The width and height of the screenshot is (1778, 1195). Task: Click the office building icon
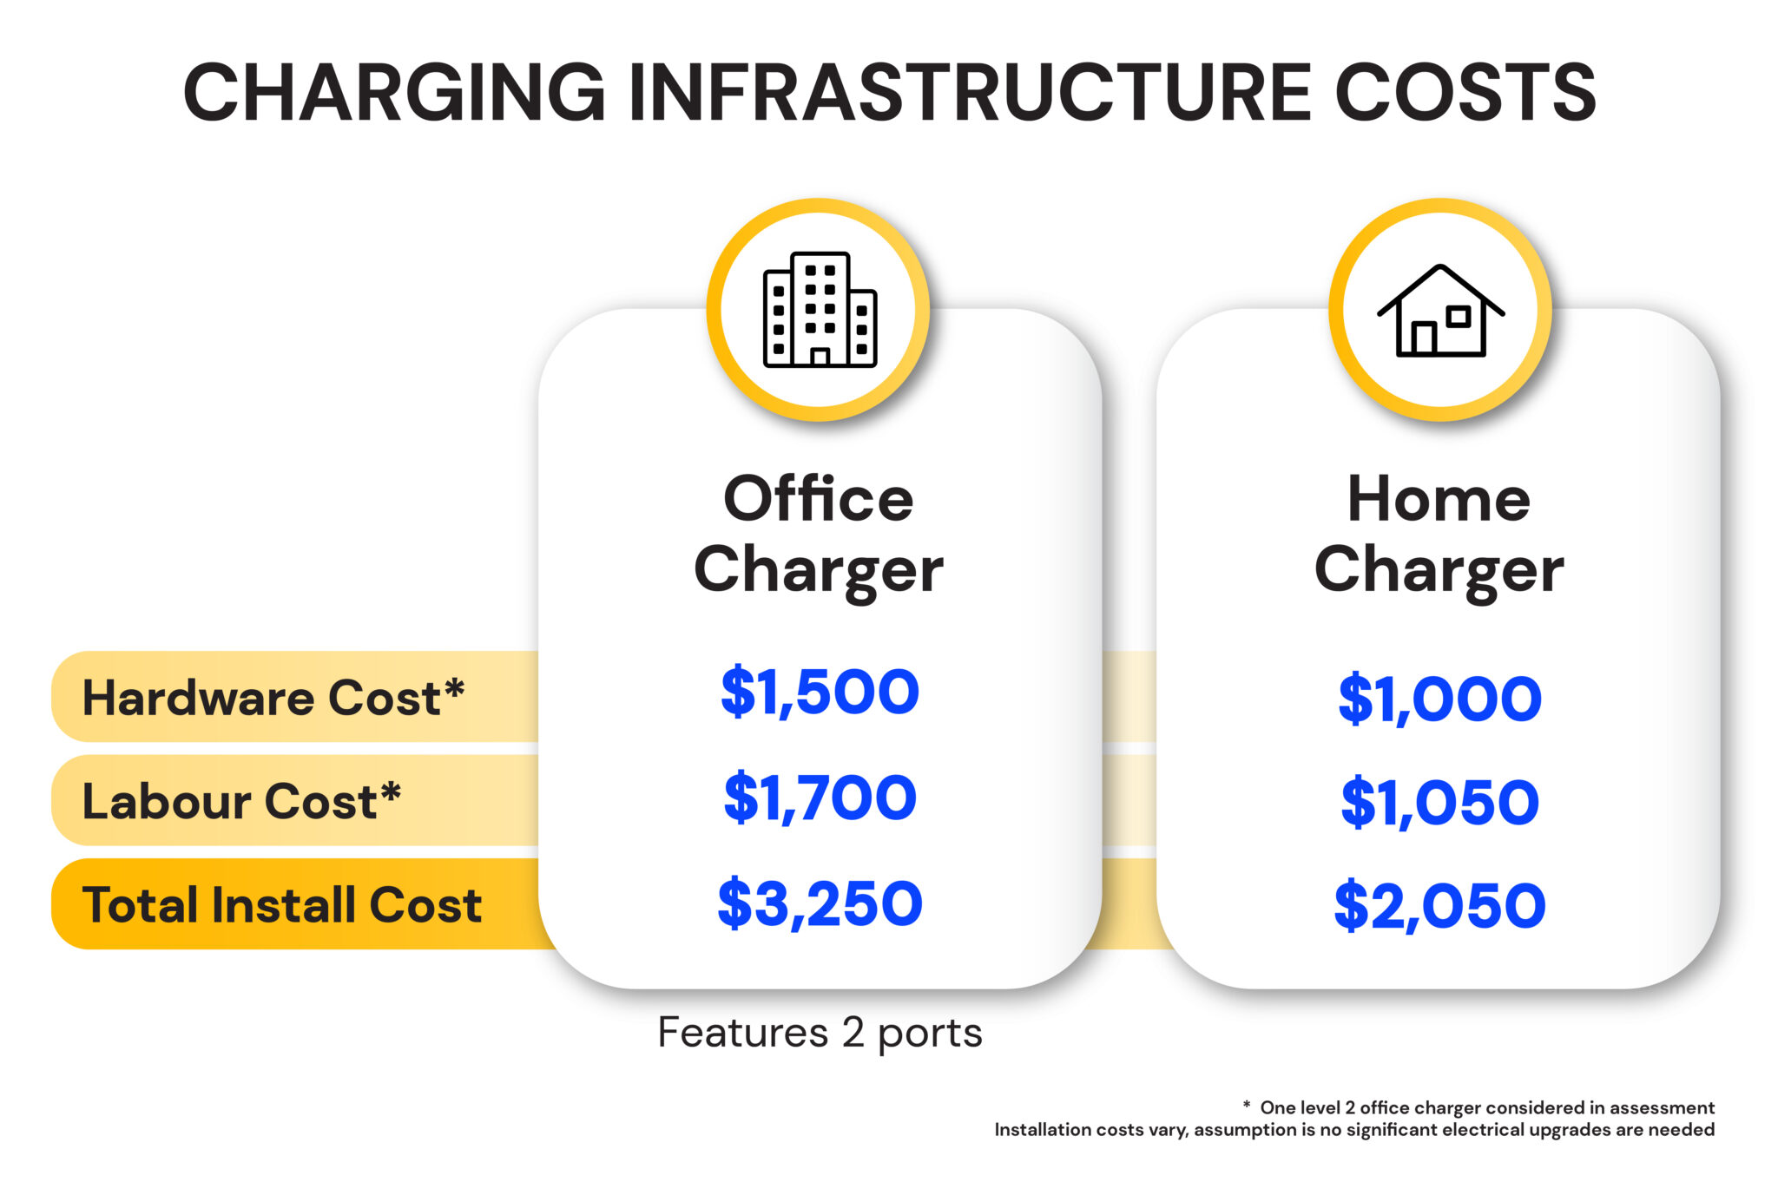820,310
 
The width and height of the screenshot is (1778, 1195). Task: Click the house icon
1440,310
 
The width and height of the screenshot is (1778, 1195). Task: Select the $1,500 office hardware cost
820,693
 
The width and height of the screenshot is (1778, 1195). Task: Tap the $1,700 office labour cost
820,798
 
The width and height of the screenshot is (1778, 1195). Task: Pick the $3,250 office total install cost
820,903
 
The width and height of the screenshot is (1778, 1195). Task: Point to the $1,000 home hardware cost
1439,699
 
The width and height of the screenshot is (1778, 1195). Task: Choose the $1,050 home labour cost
1439,802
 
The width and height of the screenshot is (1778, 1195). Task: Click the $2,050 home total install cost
1439,906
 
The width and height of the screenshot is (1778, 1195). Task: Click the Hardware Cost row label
273,697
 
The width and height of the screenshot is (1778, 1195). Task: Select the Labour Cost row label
241,800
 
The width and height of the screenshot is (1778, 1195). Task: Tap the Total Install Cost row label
282,904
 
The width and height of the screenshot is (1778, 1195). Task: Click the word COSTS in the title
1465,92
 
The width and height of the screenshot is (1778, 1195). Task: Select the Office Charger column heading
819,534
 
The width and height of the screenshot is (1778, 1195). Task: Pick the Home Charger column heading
1439,534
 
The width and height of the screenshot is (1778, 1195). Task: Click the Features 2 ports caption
820,1032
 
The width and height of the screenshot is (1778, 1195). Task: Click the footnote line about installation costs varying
1354,1129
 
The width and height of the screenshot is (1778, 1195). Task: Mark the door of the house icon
1423,338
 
